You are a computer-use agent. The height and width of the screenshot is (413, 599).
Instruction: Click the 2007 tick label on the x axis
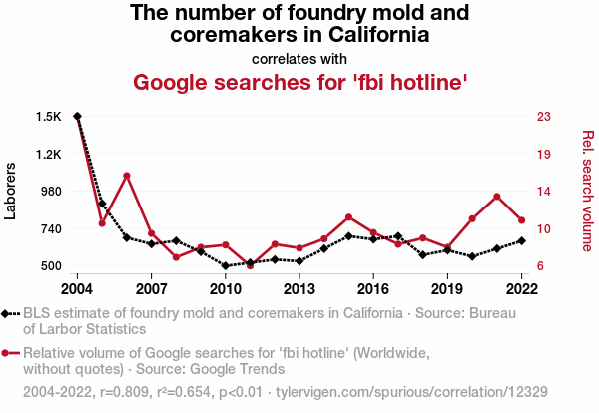(x=151, y=289)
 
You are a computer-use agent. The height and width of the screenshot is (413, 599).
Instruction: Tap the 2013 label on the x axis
(x=299, y=289)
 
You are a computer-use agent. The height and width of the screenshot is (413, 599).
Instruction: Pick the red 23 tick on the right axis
(x=544, y=117)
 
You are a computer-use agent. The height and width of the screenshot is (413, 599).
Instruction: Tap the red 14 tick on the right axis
(x=544, y=192)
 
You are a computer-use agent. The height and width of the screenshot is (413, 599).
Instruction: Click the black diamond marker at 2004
(x=77, y=117)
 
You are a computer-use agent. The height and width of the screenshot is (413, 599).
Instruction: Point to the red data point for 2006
(x=127, y=176)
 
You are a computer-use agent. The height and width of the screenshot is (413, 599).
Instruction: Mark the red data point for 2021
(x=497, y=196)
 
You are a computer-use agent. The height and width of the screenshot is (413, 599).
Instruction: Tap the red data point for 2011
(x=250, y=266)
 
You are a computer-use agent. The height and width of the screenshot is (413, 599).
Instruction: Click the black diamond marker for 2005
(x=102, y=204)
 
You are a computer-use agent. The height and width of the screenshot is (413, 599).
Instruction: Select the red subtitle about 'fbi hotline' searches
(x=299, y=81)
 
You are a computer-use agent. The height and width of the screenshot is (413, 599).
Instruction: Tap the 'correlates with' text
(x=299, y=57)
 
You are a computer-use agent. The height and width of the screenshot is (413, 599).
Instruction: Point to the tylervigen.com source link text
(x=410, y=390)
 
